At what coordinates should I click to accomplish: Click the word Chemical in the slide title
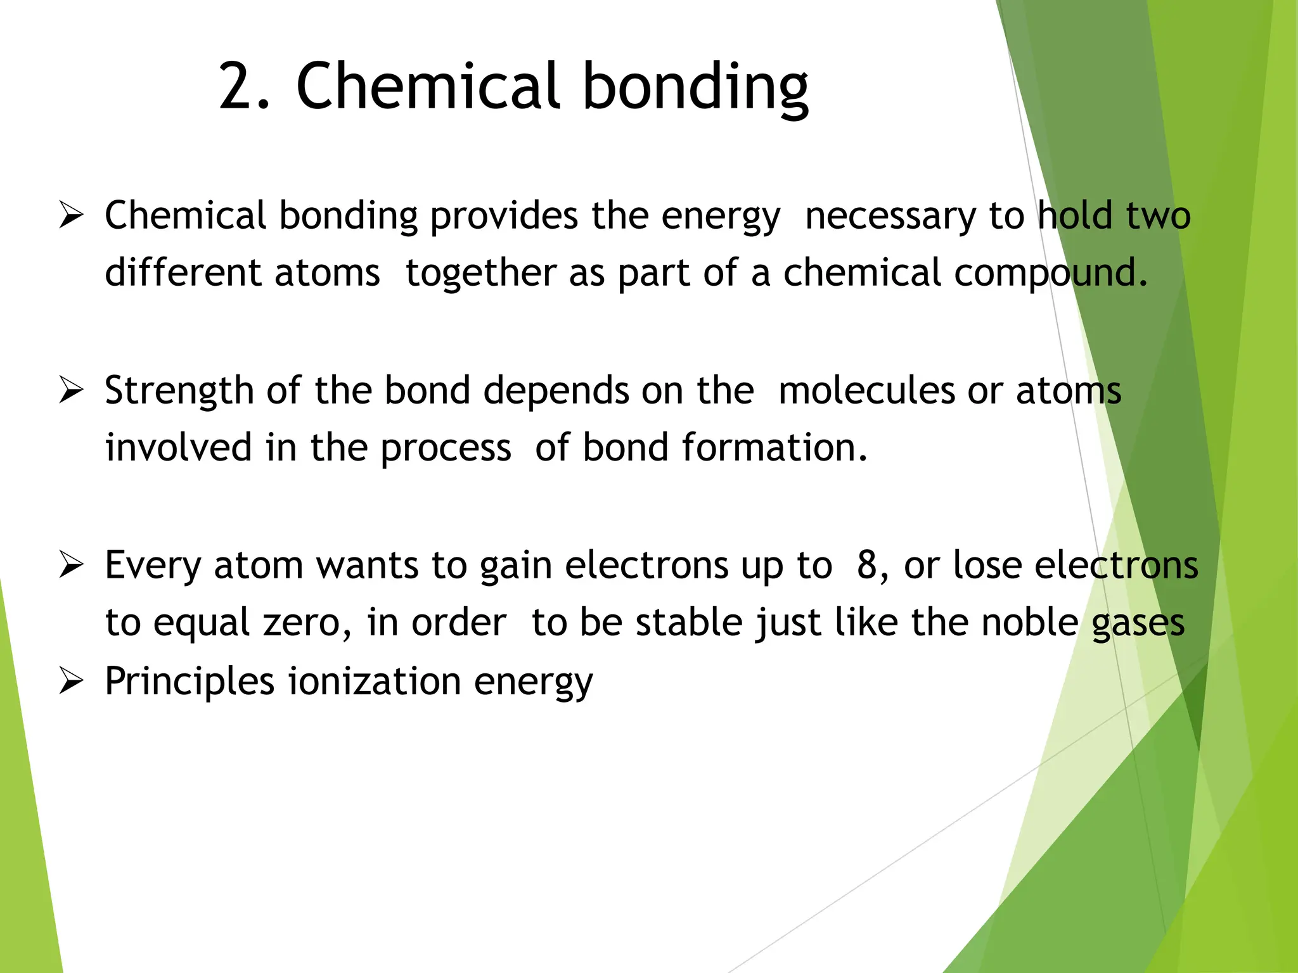coord(428,86)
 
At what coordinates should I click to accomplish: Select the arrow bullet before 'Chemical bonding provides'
coord(70,215)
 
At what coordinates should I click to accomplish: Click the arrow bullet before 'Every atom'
coord(70,564)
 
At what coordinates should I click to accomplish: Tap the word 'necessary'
coord(890,216)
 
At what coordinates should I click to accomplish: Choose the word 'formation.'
coord(774,447)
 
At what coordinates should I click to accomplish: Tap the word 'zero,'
coord(307,622)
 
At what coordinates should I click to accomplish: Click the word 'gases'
coord(1138,623)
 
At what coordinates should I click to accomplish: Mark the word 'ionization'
coord(375,682)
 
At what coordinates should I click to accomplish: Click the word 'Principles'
coord(190,682)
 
